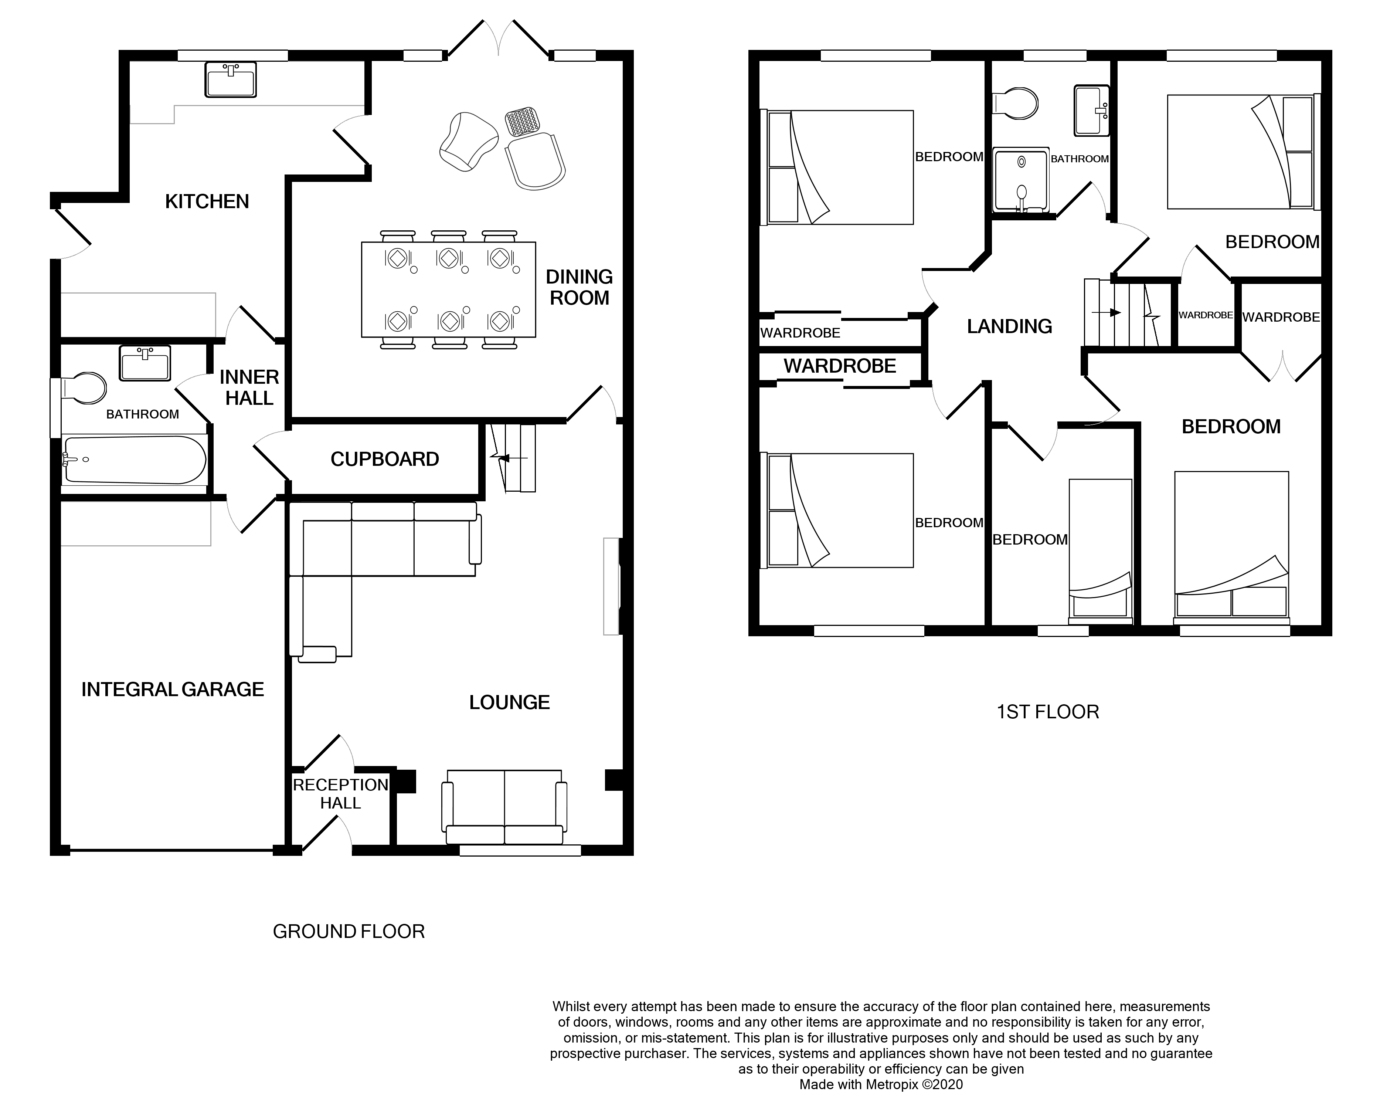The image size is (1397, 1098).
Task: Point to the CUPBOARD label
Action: pyautogui.click(x=384, y=459)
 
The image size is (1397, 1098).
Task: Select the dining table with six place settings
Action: pyautogui.click(x=449, y=289)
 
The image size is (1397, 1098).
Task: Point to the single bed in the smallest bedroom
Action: pyautogui.click(x=1100, y=550)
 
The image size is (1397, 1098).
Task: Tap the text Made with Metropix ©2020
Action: pyautogui.click(x=881, y=1084)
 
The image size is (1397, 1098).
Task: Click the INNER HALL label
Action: pyautogui.click(x=249, y=388)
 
